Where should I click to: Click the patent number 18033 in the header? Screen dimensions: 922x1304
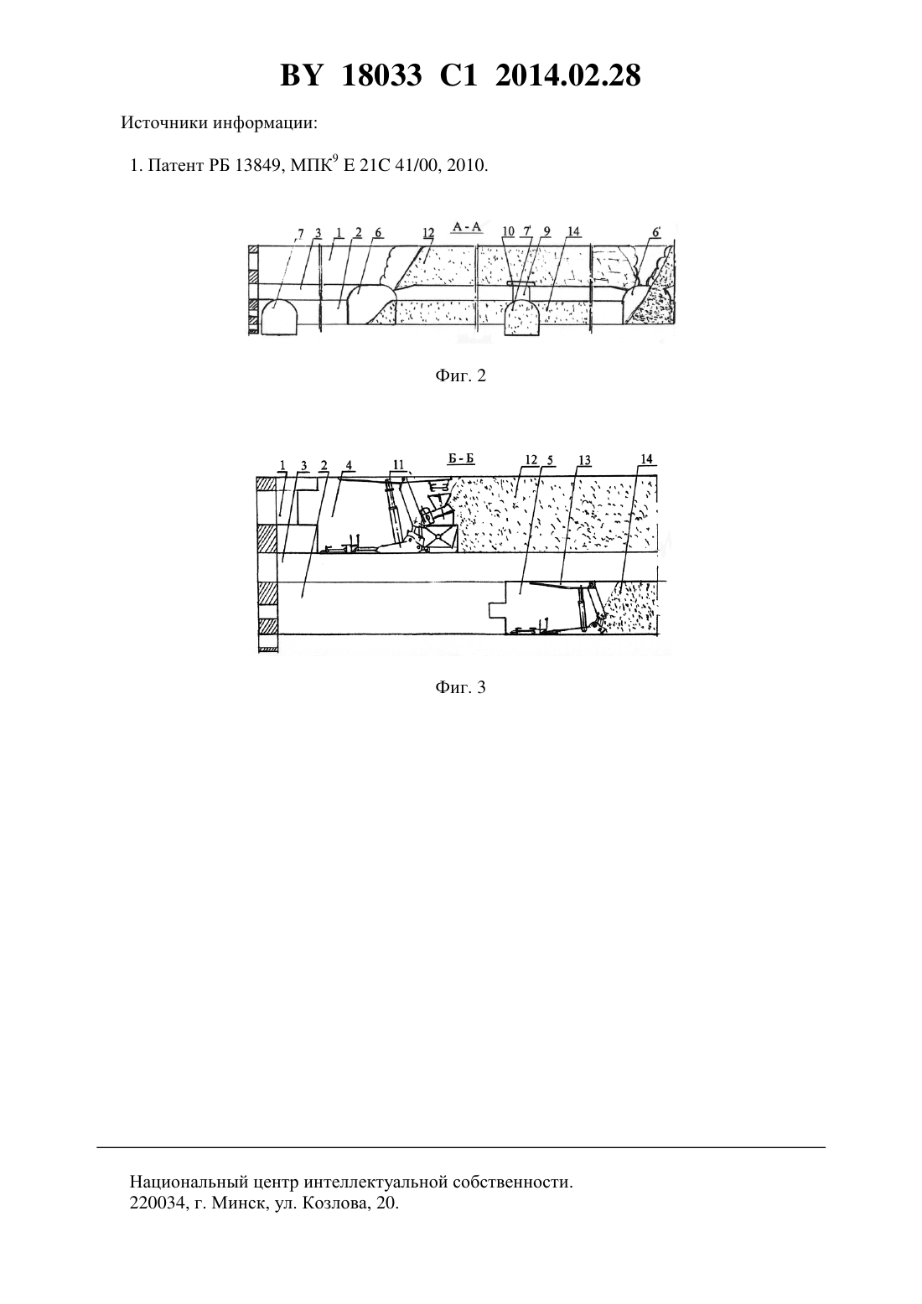tap(381, 75)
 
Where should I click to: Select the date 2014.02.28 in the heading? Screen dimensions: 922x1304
tap(568, 75)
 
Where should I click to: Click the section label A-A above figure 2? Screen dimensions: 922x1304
tap(467, 227)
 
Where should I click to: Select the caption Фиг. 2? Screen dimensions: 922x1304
tap(460, 376)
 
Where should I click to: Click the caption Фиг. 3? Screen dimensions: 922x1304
tap(460, 688)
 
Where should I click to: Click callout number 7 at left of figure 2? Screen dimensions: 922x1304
tap(300, 234)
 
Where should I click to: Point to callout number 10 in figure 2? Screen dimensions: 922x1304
tap(508, 231)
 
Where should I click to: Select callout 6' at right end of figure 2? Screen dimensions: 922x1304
tap(656, 231)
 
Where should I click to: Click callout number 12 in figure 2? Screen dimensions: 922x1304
tap(428, 233)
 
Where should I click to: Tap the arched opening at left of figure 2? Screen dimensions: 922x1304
tap(278, 317)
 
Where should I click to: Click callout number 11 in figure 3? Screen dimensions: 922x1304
tap(398, 464)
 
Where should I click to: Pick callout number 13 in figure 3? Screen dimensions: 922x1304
tap(584, 460)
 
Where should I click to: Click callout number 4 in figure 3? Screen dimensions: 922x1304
tap(349, 465)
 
